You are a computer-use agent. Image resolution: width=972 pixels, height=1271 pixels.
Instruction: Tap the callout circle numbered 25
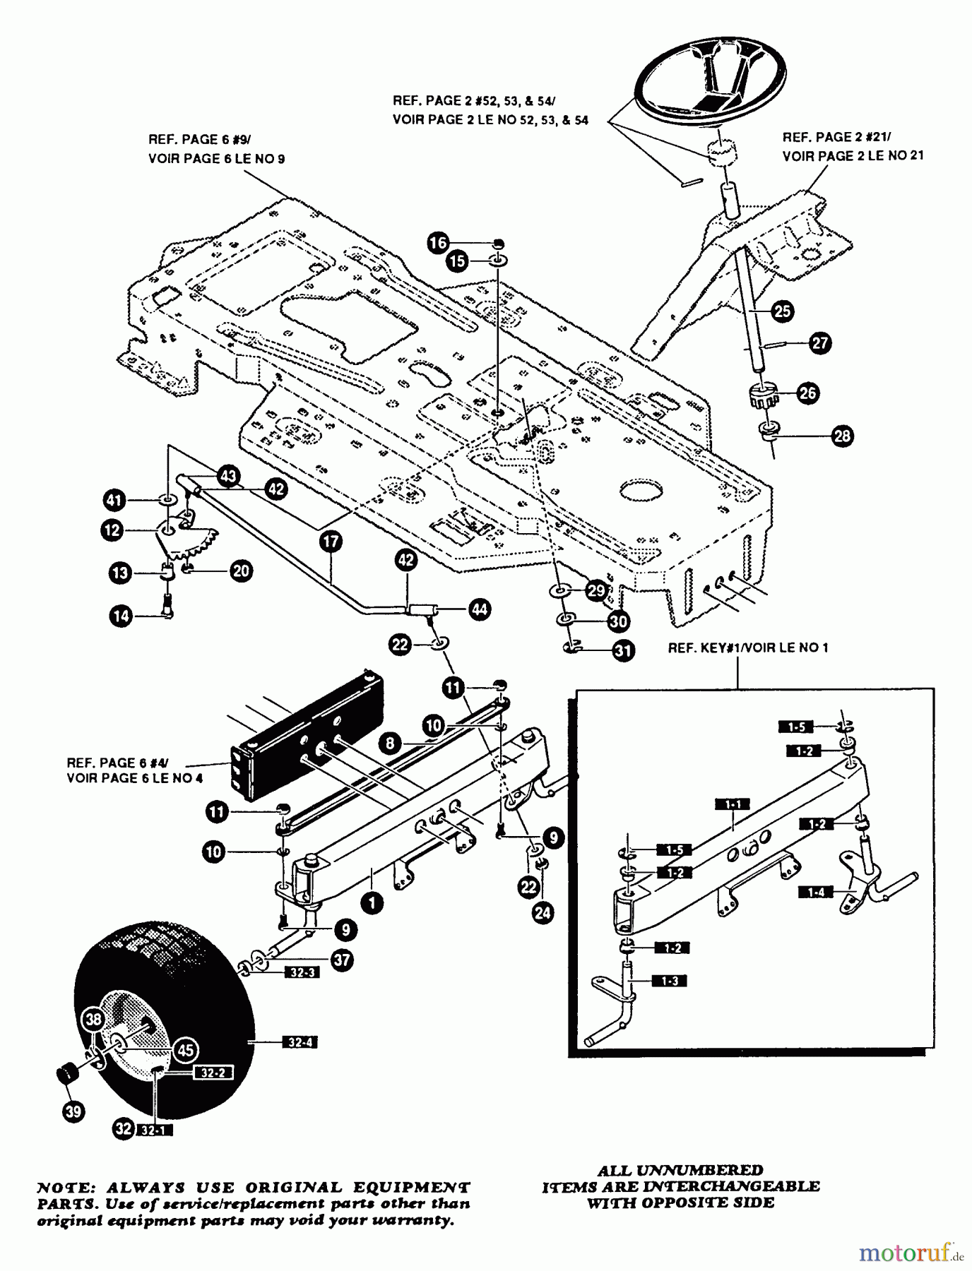(782, 311)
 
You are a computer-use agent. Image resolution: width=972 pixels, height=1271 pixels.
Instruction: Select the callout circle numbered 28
(842, 436)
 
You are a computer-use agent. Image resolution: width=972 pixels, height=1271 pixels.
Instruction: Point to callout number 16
(438, 244)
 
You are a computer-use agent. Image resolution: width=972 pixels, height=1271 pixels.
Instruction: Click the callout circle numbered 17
(330, 542)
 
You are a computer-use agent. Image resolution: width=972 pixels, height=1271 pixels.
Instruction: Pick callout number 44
(479, 609)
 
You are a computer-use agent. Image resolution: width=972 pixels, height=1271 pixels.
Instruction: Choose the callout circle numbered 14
(121, 616)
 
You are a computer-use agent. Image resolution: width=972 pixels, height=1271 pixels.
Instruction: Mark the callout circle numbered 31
(622, 650)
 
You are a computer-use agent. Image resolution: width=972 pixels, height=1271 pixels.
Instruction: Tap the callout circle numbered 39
(72, 1112)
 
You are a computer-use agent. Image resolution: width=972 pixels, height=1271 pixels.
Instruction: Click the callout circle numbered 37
(343, 960)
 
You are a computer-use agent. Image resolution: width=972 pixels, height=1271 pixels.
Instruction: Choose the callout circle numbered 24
(543, 913)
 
